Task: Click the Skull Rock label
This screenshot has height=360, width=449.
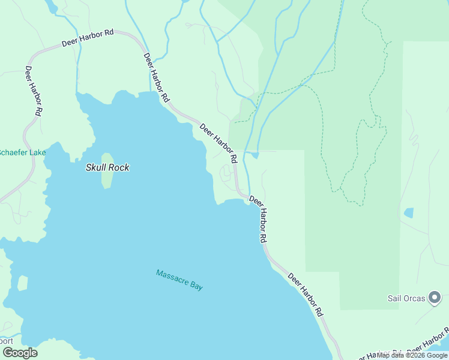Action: pos(107,168)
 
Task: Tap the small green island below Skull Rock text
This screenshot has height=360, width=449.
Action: pos(107,180)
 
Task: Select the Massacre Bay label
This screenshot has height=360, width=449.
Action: pos(179,280)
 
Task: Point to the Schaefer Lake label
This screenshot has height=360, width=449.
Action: pos(22,153)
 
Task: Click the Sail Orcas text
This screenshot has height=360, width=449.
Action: pos(405,298)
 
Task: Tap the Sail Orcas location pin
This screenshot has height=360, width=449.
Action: pos(435,297)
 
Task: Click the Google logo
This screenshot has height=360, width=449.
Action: pos(20,353)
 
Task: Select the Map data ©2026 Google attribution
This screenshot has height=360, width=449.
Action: pos(412,355)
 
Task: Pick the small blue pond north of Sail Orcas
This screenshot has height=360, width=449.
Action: pos(409,213)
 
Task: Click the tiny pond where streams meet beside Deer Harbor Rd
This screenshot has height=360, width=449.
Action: pos(255,155)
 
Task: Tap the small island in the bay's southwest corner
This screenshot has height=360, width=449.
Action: pos(23,283)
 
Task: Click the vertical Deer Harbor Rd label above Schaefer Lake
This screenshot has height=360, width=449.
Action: pos(33,90)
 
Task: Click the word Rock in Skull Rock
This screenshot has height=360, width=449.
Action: pos(119,168)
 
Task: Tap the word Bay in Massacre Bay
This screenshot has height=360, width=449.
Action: pos(196,286)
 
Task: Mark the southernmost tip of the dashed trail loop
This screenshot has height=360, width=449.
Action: pos(359,206)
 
